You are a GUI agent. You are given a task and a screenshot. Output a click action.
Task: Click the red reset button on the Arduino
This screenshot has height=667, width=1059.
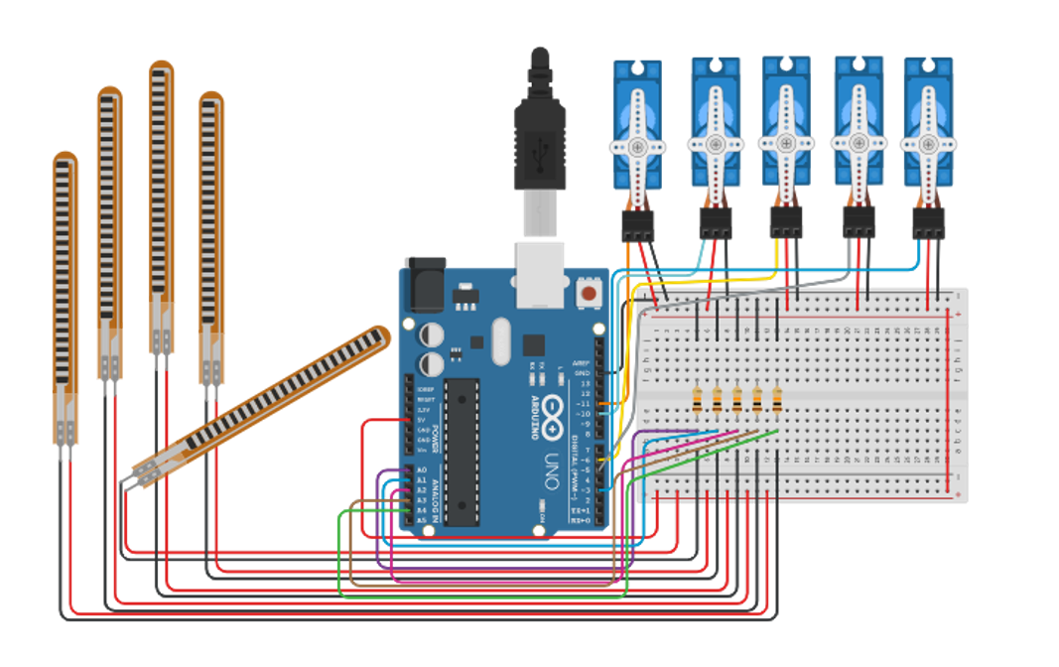click(x=590, y=294)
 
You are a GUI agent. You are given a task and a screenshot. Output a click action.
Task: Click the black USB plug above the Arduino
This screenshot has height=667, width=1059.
click(x=539, y=149)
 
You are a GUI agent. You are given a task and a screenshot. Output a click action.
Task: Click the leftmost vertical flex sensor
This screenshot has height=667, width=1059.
click(x=65, y=298)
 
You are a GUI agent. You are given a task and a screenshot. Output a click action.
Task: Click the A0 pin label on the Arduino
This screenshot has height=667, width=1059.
click(x=421, y=469)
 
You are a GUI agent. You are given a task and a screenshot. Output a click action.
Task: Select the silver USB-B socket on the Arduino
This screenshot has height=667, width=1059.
click(x=539, y=273)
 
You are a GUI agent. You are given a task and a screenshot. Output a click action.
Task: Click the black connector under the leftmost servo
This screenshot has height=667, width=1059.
click(x=636, y=226)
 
